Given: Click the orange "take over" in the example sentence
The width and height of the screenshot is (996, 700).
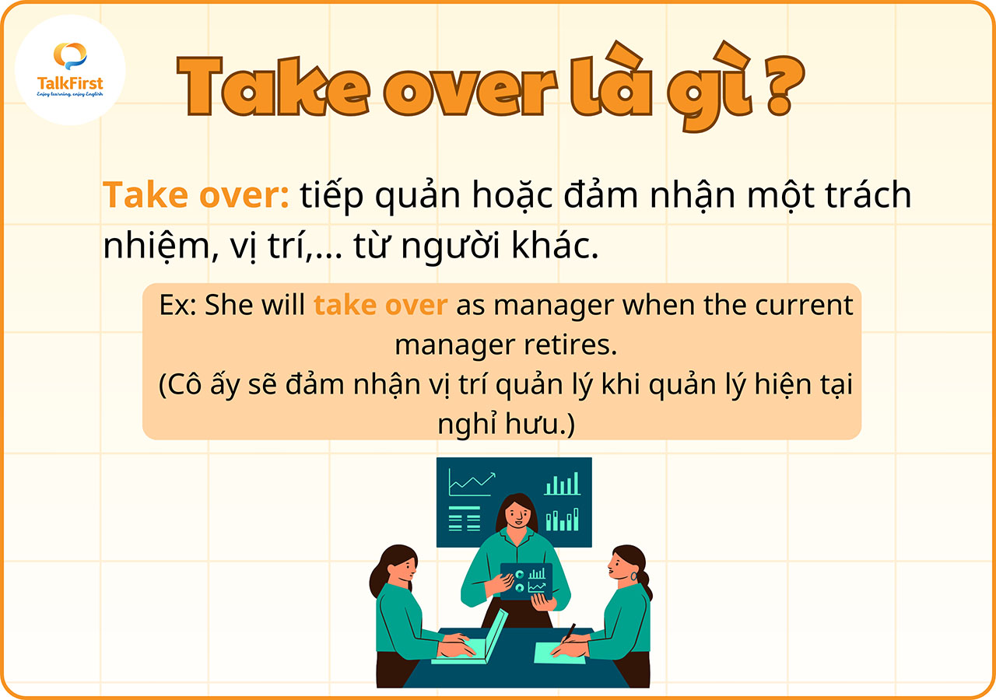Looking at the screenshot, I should pos(380,305).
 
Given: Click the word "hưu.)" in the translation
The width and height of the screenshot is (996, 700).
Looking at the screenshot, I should pos(545,424).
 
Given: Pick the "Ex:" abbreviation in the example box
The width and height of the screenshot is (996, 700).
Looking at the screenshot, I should pos(178,305).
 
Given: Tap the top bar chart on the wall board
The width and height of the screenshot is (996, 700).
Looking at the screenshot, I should pos(563,485).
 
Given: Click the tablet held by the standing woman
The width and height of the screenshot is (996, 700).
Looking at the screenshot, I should pos(526,580).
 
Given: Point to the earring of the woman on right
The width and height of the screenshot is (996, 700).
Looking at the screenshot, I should pos(644,577).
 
